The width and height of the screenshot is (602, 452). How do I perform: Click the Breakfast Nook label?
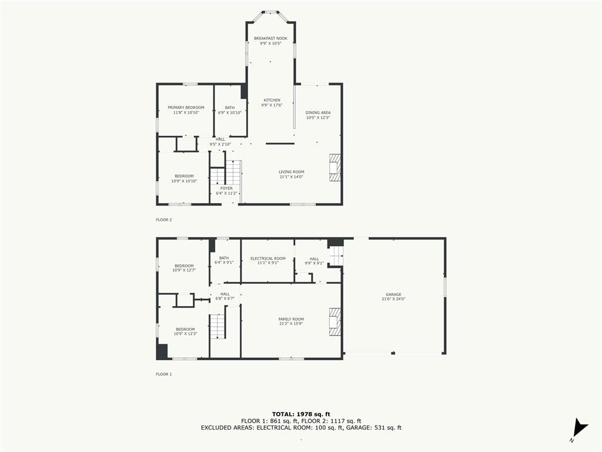[270, 38]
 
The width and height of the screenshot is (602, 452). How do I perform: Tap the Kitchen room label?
[272, 100]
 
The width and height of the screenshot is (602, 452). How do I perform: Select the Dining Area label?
[318, 112]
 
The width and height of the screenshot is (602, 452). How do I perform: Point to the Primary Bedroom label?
[186, 108]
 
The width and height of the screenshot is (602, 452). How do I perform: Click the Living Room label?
[292, 172]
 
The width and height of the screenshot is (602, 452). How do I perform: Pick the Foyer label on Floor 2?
[226, 188]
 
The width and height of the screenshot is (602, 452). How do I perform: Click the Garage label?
[393, 294]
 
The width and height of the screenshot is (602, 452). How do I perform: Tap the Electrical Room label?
[268, 258]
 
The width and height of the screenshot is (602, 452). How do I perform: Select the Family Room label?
[291, 319]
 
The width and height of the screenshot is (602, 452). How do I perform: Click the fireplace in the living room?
[335, 168]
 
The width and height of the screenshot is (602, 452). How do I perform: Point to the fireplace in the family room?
[335, 322]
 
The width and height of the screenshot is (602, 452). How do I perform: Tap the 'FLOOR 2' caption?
[164, 220]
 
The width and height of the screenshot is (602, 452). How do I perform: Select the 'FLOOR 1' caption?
[164, 374]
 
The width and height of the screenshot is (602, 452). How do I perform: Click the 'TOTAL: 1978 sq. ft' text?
[301, 414]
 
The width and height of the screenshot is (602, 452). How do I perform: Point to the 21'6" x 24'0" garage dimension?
[393, 299]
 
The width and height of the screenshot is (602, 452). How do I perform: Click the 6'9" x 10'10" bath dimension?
[230, 112]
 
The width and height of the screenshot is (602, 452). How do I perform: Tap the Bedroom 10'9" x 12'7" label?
[184, 268]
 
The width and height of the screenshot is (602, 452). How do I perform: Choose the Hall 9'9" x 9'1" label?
[314, 261]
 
